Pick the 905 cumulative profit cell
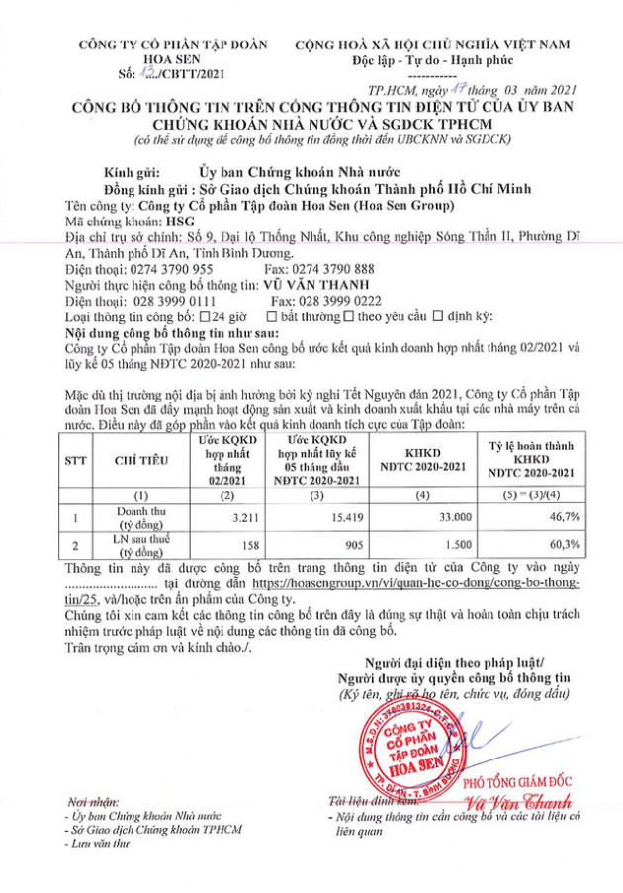tap(334, 545)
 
